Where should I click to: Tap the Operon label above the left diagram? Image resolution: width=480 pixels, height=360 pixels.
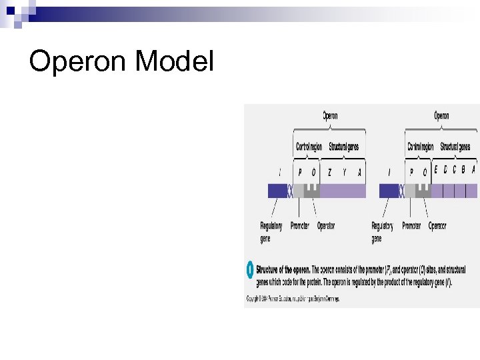pyautogui.click(x=330, y=116)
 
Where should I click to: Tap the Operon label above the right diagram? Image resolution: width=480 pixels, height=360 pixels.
pyautogui.click(x=441, y=116)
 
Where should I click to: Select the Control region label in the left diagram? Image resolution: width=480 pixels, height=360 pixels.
pyautogui.click(x=309, y=147)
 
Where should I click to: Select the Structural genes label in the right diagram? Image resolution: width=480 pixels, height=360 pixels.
pyautogui.click(x=455, y=147)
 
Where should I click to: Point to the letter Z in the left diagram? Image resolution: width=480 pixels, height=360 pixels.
pyautogui.click(x=329, y=172)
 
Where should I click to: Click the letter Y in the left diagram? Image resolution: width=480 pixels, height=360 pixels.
pyautogui.click(x=345, y=172)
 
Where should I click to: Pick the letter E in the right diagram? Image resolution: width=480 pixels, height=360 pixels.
pyautogui.click(x=436, y=169)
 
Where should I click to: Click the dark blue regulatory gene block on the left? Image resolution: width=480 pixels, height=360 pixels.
pyautogui.click(x=277, y=191)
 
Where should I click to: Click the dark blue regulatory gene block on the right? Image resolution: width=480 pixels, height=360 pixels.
pyautogui.click(x=389, y=191)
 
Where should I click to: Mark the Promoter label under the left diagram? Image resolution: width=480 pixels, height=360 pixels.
pyautogui.click(x=300, y=226)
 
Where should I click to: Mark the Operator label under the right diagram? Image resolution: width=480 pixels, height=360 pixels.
pyautogui.click(x=437, y=226)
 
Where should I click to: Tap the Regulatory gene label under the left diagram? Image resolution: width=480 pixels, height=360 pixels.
pyautogui.click(x=271, y=232)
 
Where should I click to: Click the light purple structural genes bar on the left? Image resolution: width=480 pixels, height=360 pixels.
pyautogui.click(x=343, y=191)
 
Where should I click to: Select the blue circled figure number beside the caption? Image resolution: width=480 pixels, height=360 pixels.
pyautogui.click(x=250, y=270)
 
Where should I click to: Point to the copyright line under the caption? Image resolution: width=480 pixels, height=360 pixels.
pyautogui.click(x=293, y=299)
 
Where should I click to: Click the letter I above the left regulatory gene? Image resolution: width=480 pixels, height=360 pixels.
pyautogui.click(x=279, y=172)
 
